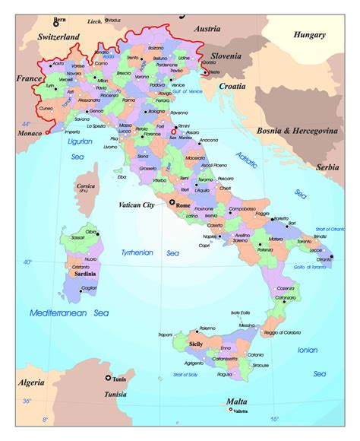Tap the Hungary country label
[311, 34]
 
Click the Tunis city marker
[108, 378]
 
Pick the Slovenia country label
[226, 56]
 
